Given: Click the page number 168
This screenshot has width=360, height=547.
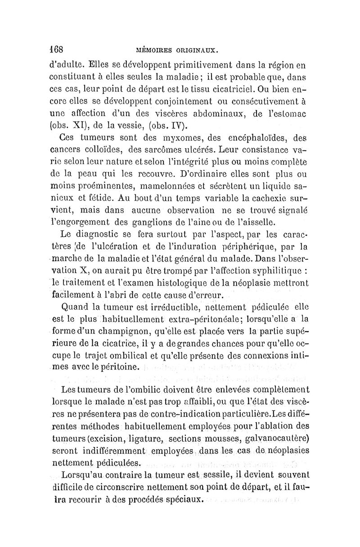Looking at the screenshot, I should tap(57, 48).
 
